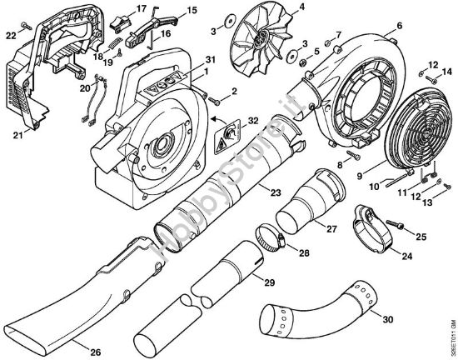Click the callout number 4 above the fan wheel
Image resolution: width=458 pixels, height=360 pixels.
pyautogui.click(x=278, y=9)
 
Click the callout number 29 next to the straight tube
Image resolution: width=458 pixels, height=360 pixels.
pyautogui.click(x=269, y=282)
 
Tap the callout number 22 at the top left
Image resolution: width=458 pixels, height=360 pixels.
pyautogui.click(x=10, y=34)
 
